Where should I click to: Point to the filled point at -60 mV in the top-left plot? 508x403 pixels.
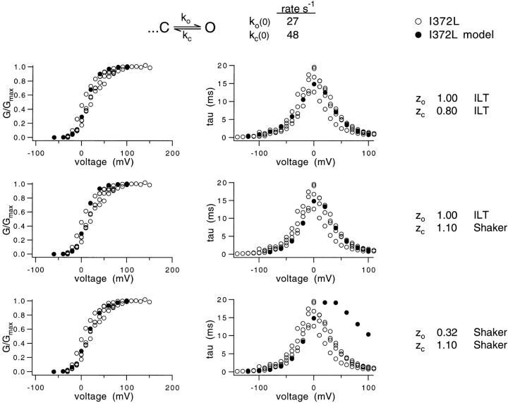click(x=54, y=137)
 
